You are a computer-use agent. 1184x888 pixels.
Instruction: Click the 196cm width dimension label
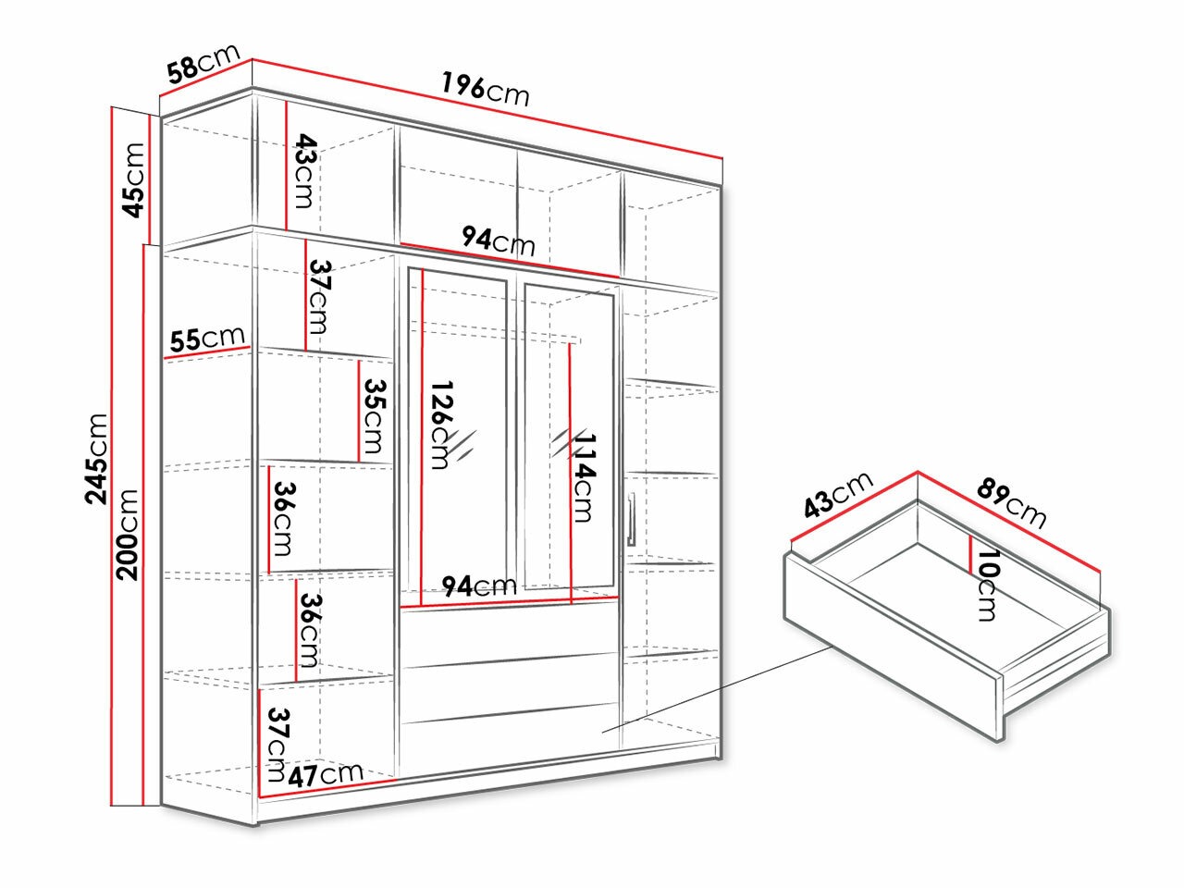tap(485, 91)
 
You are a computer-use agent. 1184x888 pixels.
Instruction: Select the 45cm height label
tap(133, 179)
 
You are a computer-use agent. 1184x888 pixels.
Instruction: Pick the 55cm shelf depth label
tap(206, 339)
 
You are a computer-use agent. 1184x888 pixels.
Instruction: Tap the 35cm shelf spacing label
tap(374, 415)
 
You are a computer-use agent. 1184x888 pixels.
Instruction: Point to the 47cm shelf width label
tap(325, 775)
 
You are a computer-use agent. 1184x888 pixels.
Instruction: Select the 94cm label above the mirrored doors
tap(499, 240)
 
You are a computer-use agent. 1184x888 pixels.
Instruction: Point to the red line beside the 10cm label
tap(968, 555)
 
